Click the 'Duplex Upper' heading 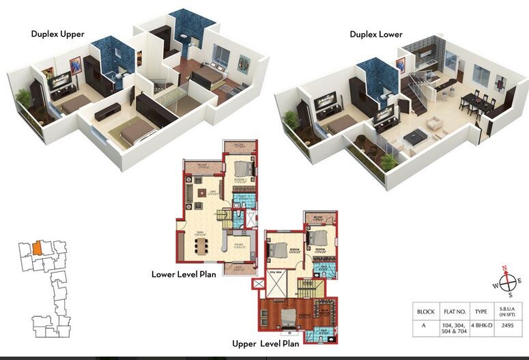[57, 33]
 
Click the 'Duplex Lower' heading [376, 34]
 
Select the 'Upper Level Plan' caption [266, 344]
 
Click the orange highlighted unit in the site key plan [38, 248]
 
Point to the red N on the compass [505, 268]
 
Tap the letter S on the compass [508, 296]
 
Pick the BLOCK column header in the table [425, 311]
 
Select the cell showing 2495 [507, 327]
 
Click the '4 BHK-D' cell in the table [481, 327]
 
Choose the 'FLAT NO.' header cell [453, 311]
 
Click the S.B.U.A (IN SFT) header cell [507, 311]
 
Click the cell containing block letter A [425, 327]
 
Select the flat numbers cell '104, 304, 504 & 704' [453, 327]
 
